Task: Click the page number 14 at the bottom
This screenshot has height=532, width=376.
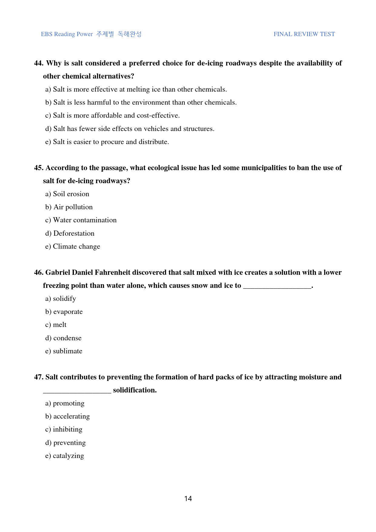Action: pyautogui.click(x=188, y=499)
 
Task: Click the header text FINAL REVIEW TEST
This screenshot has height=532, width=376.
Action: pyautogui.click(x=304, y=34)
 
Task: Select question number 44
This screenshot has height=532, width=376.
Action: pyautogui.click(x=39, y=63)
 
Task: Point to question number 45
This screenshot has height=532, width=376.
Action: pyautogui.click(x=39, y=168)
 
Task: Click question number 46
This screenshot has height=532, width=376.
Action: pyautogui.click(x=39, y=273)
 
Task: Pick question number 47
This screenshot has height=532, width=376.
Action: pyautogui.click(x=39, y=377)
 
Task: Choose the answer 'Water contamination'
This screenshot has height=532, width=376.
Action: pyautogui.click(x=85, y=220)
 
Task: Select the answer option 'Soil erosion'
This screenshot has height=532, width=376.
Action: pyautogui.click(x=71, y=194)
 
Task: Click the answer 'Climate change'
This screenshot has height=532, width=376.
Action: pyautogui.click(x=76, y=247)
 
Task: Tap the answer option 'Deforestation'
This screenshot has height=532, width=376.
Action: pyautogui.click(x=74, y=234)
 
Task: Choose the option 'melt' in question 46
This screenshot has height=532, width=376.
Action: pyautogui.click(x=59, y=325)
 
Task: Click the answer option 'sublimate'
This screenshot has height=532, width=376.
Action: pyautogui.click(x=68, y=351)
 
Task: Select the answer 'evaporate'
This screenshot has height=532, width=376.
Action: pyautogui.click(x=68, y=312)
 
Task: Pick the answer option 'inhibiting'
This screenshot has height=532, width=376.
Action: pyautogui.click(x=68, y=429)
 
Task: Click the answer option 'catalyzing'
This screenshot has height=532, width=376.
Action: pyautogui.click(x=68, y=456)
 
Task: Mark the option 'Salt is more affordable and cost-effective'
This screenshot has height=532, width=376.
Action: pyautogui.click(x=116, y=116)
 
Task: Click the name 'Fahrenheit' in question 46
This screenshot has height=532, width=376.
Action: pyautogui.click(x=112, y=273)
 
